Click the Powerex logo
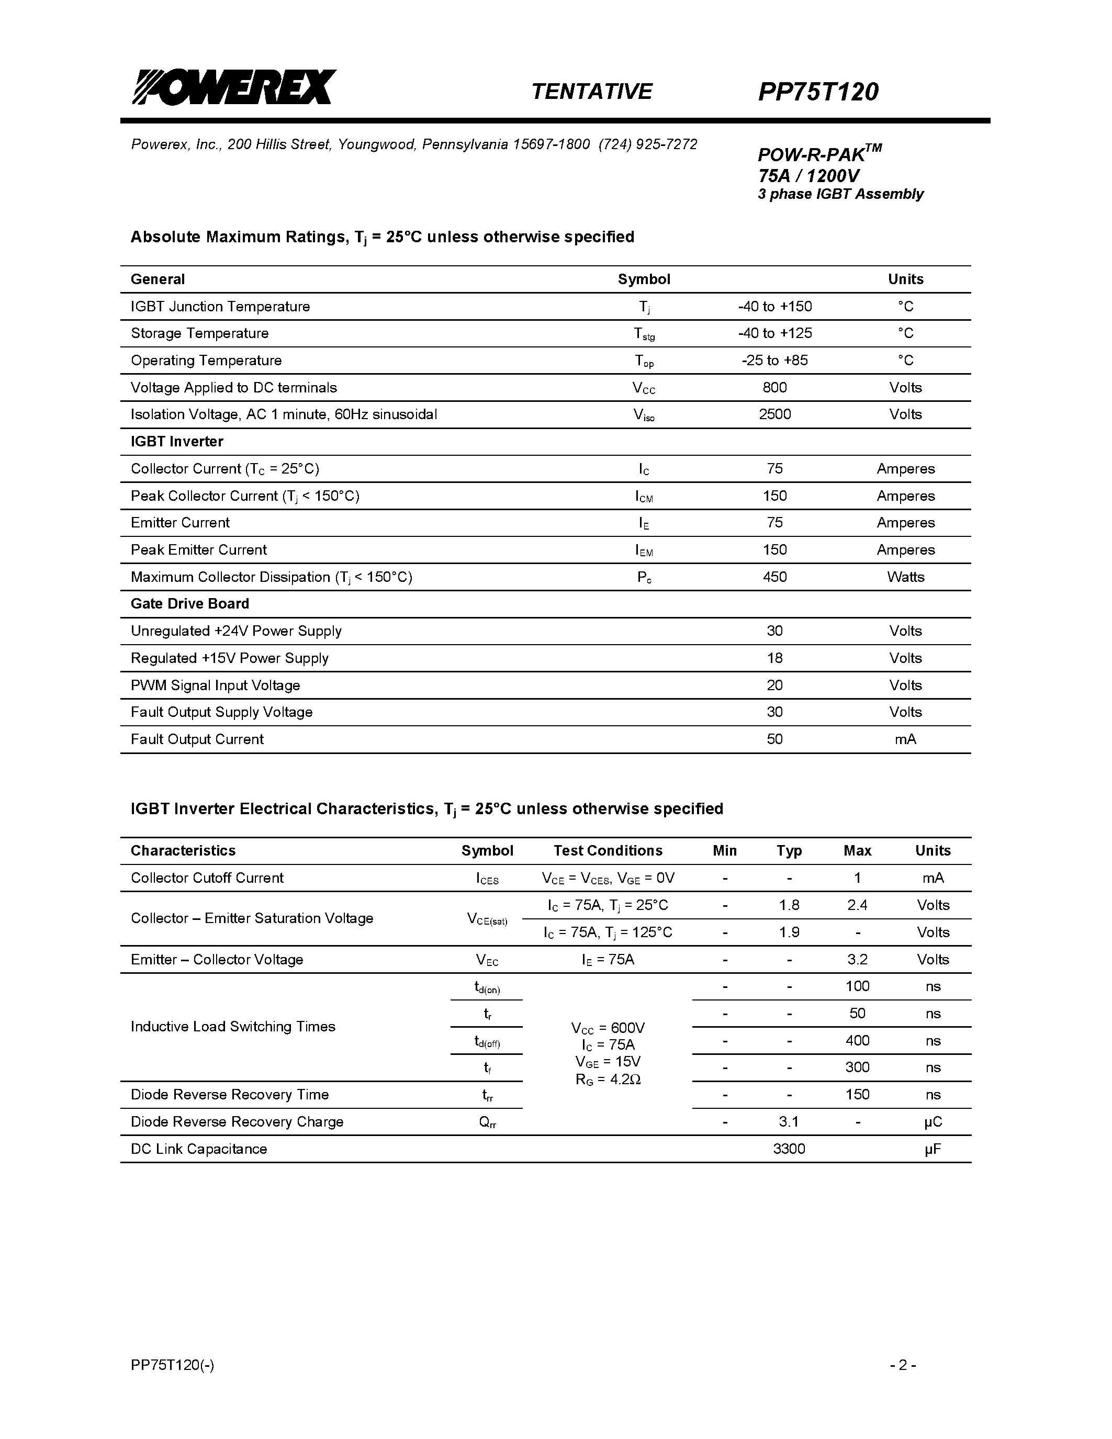click(x=234, y=87)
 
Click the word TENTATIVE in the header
click(x=591, y=92)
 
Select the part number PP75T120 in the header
click(x=818, y=92)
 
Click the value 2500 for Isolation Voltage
click(x=774, y=414)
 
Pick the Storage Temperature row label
click(x=199, y=333)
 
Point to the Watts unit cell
click(x=905, y=577)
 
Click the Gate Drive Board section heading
click(x=190, y=604)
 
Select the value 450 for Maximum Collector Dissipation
click(x=774, y=577)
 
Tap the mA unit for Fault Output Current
click(x=905, y=739)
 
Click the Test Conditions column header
click(x=608, y=851)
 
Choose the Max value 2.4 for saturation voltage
click(x=857, y=905)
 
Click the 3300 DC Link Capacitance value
click(x=789, y=1149)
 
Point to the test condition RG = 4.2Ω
click(x=608, y=1080)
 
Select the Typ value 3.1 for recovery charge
click(x=789, y=1121)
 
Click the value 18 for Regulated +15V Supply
click(x=774, y=658)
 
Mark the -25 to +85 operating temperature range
click(x=774, y=361)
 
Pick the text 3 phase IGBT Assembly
click(x=840, y=194)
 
